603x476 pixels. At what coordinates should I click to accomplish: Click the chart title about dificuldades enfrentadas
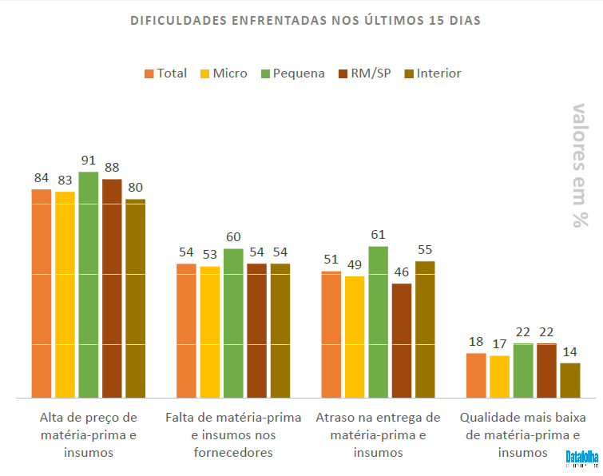[306, 20]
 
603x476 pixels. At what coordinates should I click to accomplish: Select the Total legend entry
[165, 73]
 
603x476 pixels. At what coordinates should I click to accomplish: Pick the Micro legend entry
[223, 73]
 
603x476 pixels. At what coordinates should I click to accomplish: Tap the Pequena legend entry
[292, 73]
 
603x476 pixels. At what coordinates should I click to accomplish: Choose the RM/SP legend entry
[365, 73]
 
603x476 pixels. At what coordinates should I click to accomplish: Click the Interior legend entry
[433, 73]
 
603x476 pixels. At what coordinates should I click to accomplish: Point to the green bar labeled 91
[89, 284]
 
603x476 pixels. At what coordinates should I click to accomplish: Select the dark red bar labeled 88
[112, 288]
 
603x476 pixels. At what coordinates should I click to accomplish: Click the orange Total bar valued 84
[42, 293]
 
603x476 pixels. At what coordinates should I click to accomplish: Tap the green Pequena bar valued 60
[233, 323]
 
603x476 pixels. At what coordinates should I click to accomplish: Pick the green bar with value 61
[379, 321]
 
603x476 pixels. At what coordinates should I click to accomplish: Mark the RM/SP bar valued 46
[402, 340]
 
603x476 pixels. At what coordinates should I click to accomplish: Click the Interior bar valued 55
[425, 329]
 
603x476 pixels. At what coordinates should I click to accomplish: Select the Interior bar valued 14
[570, 380]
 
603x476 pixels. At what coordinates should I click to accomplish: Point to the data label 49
[355, 264]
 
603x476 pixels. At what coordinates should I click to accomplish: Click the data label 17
[499, 344]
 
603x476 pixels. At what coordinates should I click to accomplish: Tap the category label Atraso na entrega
[378, 434]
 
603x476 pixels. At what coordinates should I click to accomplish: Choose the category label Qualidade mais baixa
[523, 434]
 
